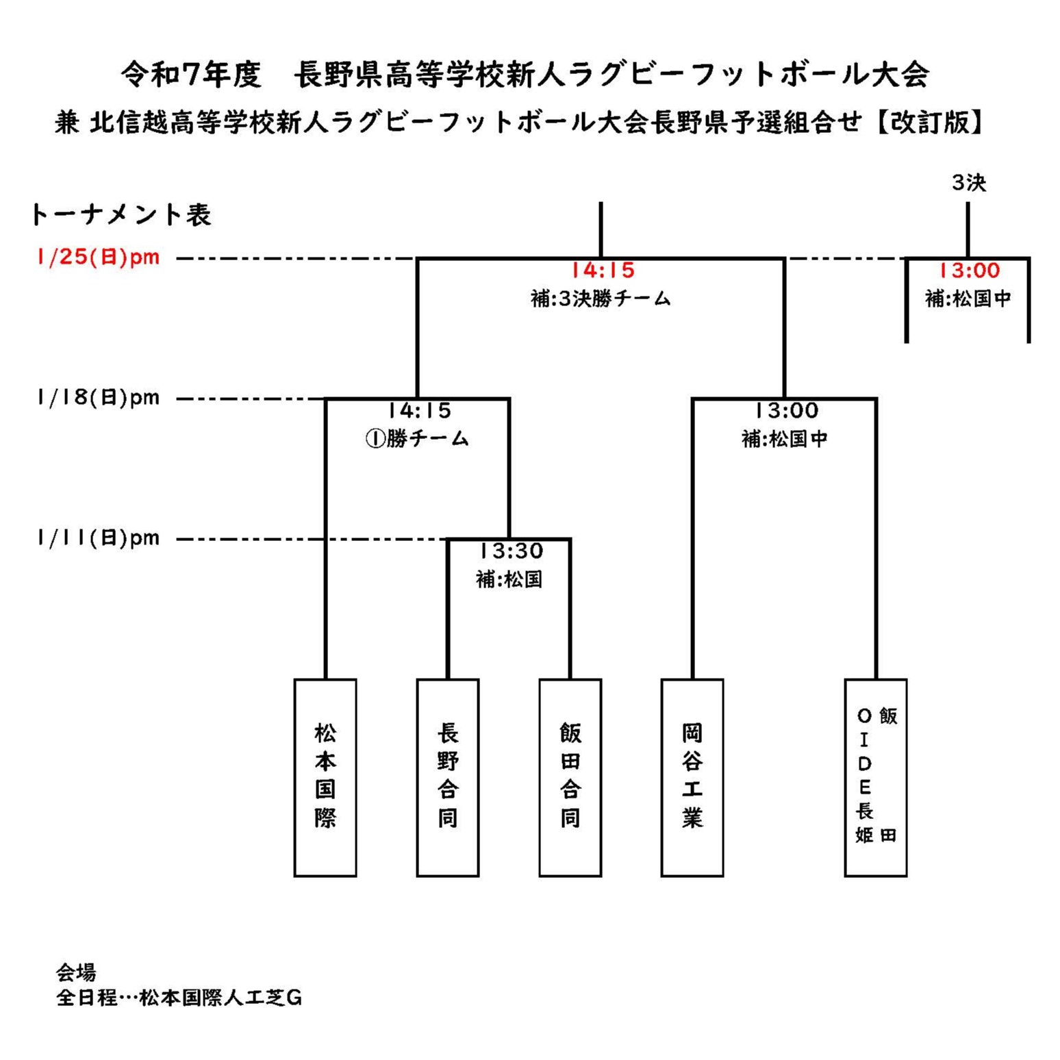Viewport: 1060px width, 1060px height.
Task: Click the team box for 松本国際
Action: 325,777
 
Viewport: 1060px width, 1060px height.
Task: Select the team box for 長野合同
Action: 448,777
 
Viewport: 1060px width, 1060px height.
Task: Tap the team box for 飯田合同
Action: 570,777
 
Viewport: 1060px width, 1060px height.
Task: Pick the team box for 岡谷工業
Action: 692,777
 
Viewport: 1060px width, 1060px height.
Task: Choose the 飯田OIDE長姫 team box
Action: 875,777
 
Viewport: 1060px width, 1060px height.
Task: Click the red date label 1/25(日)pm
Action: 98,257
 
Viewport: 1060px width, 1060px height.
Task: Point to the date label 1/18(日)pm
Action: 98,397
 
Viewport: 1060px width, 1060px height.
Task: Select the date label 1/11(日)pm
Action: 98,538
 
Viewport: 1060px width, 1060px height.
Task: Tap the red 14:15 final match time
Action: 603,270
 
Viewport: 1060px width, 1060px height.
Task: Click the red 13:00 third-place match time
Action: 968,270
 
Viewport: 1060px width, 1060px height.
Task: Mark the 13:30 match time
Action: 511,551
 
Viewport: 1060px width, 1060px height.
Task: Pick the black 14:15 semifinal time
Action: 419,410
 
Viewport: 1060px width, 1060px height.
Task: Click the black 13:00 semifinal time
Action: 786,410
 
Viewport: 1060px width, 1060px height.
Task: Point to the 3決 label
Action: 968,183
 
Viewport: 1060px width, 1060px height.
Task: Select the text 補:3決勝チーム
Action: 601,299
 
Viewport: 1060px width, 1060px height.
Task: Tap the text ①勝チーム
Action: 417,438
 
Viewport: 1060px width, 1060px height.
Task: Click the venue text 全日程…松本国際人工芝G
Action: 179,998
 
